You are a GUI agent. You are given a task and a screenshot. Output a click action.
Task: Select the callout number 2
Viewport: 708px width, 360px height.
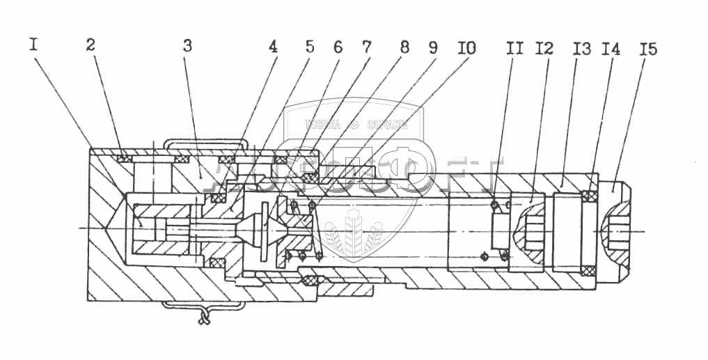point(91,46)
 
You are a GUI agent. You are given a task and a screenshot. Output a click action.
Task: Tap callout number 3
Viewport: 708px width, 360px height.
point(187,47)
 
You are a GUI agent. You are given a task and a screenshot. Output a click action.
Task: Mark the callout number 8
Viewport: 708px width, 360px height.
point(404,49)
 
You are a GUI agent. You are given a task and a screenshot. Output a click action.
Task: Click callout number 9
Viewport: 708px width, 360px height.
point(433,49)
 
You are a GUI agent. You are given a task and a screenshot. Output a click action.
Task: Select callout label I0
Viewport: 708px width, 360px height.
point(466,49)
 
